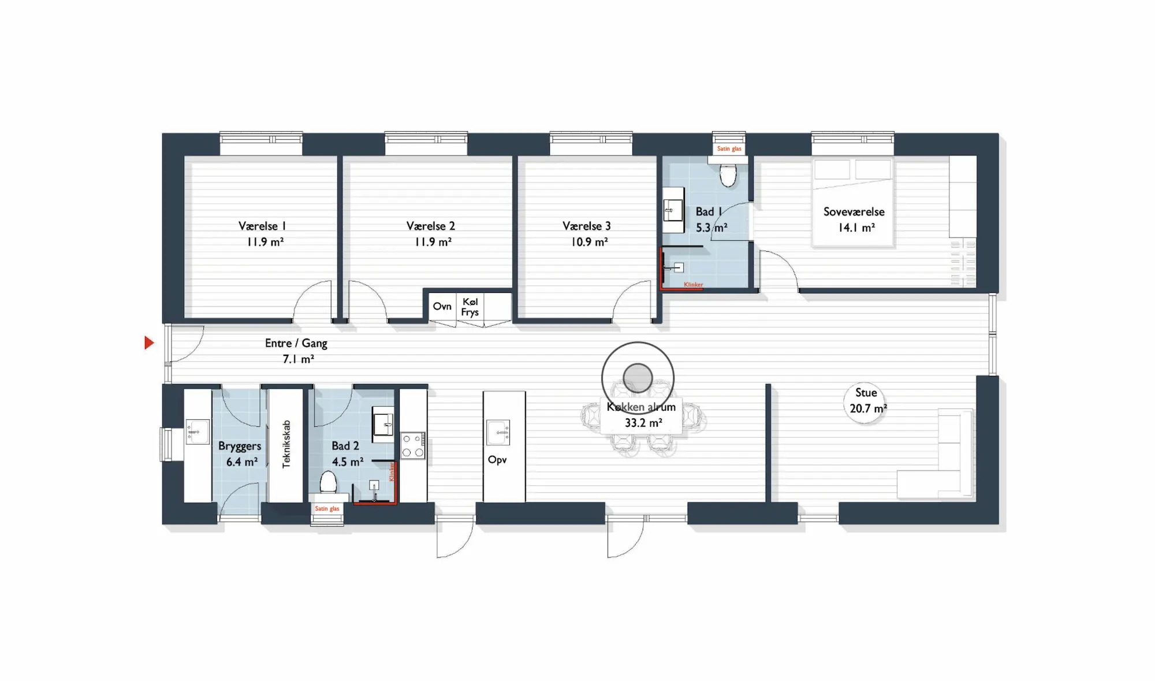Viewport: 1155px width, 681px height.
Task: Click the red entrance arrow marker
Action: [x=148, y=343]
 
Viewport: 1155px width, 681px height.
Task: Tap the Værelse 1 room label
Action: [x=262, y=226]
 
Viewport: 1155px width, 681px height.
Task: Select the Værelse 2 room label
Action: [x=431, y=226]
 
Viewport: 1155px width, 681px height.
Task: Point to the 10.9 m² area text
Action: [x=589, y=242]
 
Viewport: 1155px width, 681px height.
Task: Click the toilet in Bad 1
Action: [x=728, y=174]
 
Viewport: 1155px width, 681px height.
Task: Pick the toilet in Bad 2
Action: [x=328, y=482]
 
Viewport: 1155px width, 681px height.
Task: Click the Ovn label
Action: [x=442, y=306]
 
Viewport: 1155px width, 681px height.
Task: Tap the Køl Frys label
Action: [x=470, y=307]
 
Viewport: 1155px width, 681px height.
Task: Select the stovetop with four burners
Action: [x=413, y=446]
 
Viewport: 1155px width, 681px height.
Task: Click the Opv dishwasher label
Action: [x=497, y=460]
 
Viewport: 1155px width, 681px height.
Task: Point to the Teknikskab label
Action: [x=286, y=444]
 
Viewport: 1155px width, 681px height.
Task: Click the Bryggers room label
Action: [x=240, y=446]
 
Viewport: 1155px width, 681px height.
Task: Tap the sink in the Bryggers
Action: [x=198, y=431]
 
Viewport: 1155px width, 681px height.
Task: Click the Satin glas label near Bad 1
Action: [x=729, y=148]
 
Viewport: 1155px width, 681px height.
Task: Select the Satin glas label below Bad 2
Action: [x=327, y=508]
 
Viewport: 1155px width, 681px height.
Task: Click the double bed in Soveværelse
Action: [x=852, y=203]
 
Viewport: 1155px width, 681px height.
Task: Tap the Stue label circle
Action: [x=866, y=402]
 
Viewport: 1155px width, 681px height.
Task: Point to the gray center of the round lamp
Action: [x=638, y=378]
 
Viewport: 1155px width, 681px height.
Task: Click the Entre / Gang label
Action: [x=296, y=343]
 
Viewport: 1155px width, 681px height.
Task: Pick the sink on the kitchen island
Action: [x=498, y=433]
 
